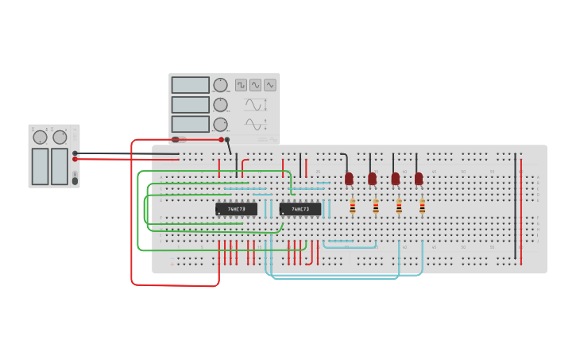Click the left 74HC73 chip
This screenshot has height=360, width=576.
[x=236, y=209]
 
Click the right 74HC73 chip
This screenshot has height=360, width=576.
[x=300, y=209]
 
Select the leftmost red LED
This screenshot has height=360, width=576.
[x=349, y=179]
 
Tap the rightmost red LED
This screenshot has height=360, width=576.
[x=419, y=179]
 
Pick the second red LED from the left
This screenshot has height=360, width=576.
[x=372, y=179]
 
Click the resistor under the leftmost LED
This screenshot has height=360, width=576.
[x=353, y=207]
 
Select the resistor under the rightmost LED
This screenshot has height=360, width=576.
[x=422, y=207]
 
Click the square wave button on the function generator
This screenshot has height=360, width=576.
[x=241, y=85]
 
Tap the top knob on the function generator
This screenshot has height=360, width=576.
[x=220, y=85]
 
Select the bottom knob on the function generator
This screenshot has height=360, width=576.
[x=220, y=124]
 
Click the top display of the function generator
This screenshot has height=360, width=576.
[x=190, y=85]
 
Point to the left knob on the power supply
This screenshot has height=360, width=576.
[x=40, y=137]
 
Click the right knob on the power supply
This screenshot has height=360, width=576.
[x=60, y=137]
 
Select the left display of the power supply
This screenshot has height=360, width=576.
[x=40, y=166]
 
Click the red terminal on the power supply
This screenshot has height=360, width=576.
[x=75, y=159]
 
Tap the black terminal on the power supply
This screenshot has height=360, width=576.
[x=75, y=153]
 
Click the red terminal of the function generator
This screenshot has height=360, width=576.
[x=222, y=139]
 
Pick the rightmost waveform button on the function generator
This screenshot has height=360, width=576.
[x=270, y=85]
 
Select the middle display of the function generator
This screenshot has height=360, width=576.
[x=190, y=105]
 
